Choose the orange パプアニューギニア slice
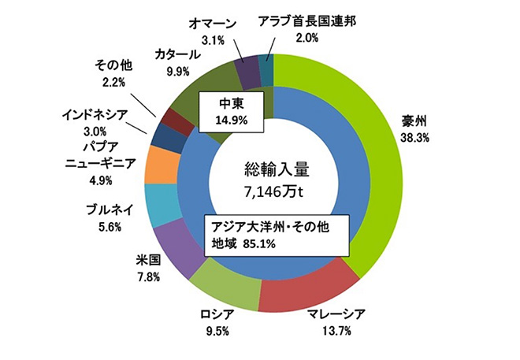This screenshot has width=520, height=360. click(165, 166)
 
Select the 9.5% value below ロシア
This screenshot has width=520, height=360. click(214, 331)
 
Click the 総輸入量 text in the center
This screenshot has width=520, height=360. click(273, 169)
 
